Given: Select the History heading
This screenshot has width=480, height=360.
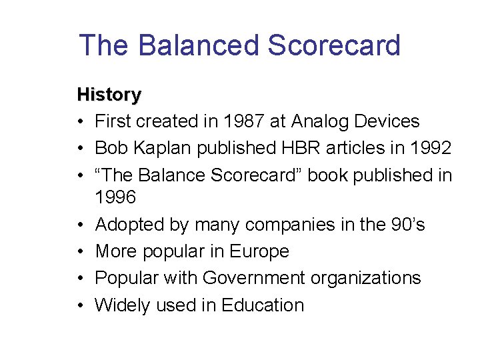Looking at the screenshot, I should coord(109,95).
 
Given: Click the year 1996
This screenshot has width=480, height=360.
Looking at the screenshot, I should coord(118,198).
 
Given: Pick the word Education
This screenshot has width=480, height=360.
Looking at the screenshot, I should coord(263,305).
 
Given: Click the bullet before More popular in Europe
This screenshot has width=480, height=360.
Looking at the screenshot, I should coord(81,252).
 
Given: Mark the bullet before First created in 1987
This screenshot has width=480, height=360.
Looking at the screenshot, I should coord(81,122).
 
